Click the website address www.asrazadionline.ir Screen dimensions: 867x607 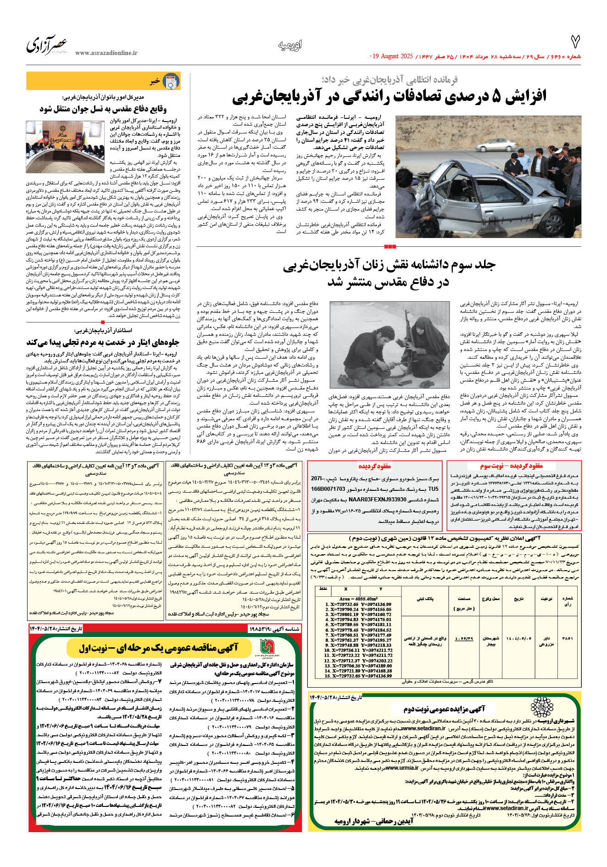tap(106, 53)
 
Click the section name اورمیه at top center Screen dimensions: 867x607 tap(290, 45)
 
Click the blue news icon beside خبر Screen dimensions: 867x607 tap(172, 82)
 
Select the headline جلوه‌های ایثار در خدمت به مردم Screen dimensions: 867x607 tap(103, 343)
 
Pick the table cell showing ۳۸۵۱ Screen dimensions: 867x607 tap(567, 638)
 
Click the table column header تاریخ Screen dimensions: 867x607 tap(518, 599)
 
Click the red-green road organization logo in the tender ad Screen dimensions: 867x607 tap(267, 647)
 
